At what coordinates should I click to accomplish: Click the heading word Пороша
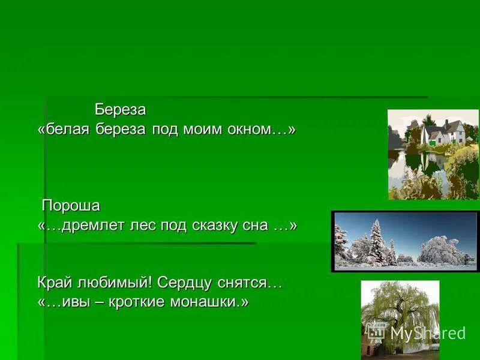(x=71, y=206)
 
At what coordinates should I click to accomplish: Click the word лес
(x=142, y=226)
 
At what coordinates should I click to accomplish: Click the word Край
(x=55, y=282)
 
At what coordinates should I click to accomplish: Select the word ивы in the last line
(x=73, y=301)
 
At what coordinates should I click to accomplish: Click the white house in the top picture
(x=443, y=133)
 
